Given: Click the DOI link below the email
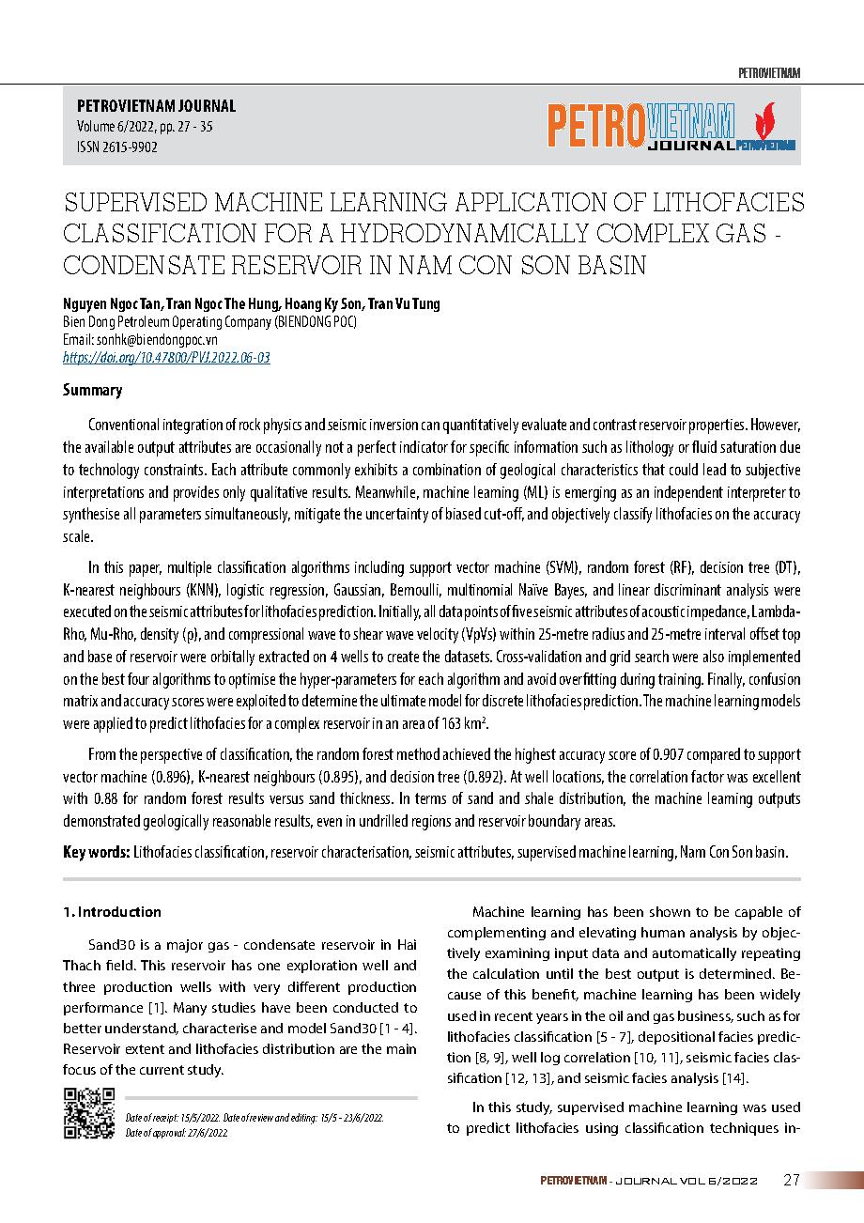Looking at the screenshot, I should coord(165,358).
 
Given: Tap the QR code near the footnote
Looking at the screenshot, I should coord(88,1113).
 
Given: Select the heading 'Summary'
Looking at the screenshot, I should coord(92,390).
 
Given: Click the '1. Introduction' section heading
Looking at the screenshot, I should coord(112,912).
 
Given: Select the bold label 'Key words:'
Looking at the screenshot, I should coord(96,853).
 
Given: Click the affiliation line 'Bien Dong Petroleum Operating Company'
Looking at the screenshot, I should coord(209,321).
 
